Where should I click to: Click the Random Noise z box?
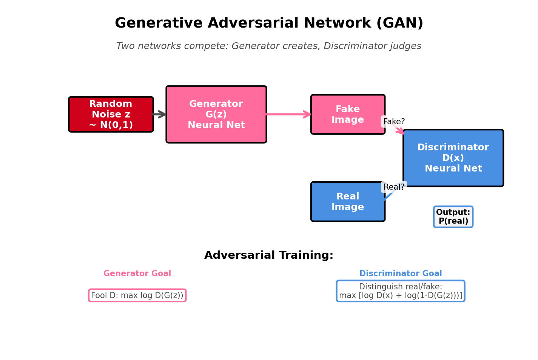[x=111, y=114]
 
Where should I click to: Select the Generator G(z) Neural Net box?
[x=216, y=114]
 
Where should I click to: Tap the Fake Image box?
[x=347, y=114]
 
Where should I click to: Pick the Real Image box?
[x=347, y=202]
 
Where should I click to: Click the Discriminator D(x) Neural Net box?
[x=453, y=158]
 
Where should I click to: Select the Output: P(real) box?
[x=453, y=217]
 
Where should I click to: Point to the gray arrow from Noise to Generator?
[x=159, y=114]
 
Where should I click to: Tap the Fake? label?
[x=393, y=122]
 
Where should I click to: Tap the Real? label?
[x=393, y=187]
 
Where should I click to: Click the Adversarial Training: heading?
[x=269, y=255]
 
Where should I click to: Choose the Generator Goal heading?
[x=137, y=273]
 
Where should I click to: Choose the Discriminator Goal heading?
[x=400, y=273]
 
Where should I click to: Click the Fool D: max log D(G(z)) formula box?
[x=137, y=295]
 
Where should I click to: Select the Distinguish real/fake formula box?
[x=400, y=291]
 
